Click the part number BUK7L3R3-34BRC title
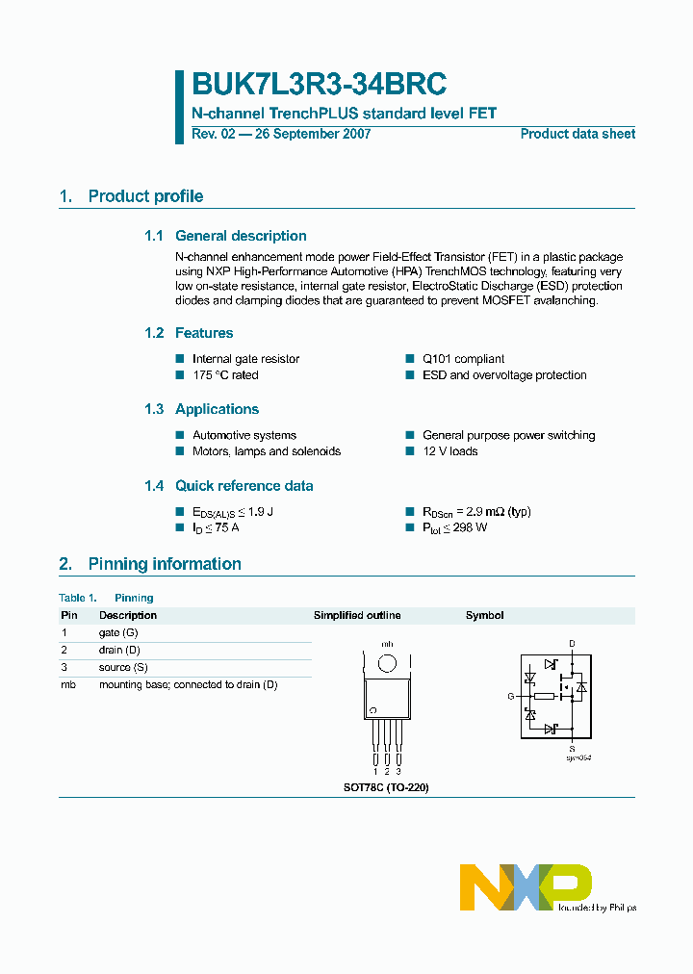tap(319, 86)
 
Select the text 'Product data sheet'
tap(577, 134)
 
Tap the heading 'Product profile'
tap(145, 196)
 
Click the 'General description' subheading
tap(241, 236)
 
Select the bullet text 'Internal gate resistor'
tap(245, 359)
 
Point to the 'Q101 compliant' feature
tap(463, 359)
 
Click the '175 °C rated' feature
tap(225, 375)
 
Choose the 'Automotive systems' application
tap(244, 435)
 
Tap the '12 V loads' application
tap(449, 451)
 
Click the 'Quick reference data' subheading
tap(244, 486)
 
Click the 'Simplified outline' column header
tap(357, 615)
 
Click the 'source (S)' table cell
tap(123, 667)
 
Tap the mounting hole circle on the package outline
tap(387, 663)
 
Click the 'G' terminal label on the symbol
tap(511, 695)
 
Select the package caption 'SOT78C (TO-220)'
tap(386, 787)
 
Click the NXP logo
tap(525, 886)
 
